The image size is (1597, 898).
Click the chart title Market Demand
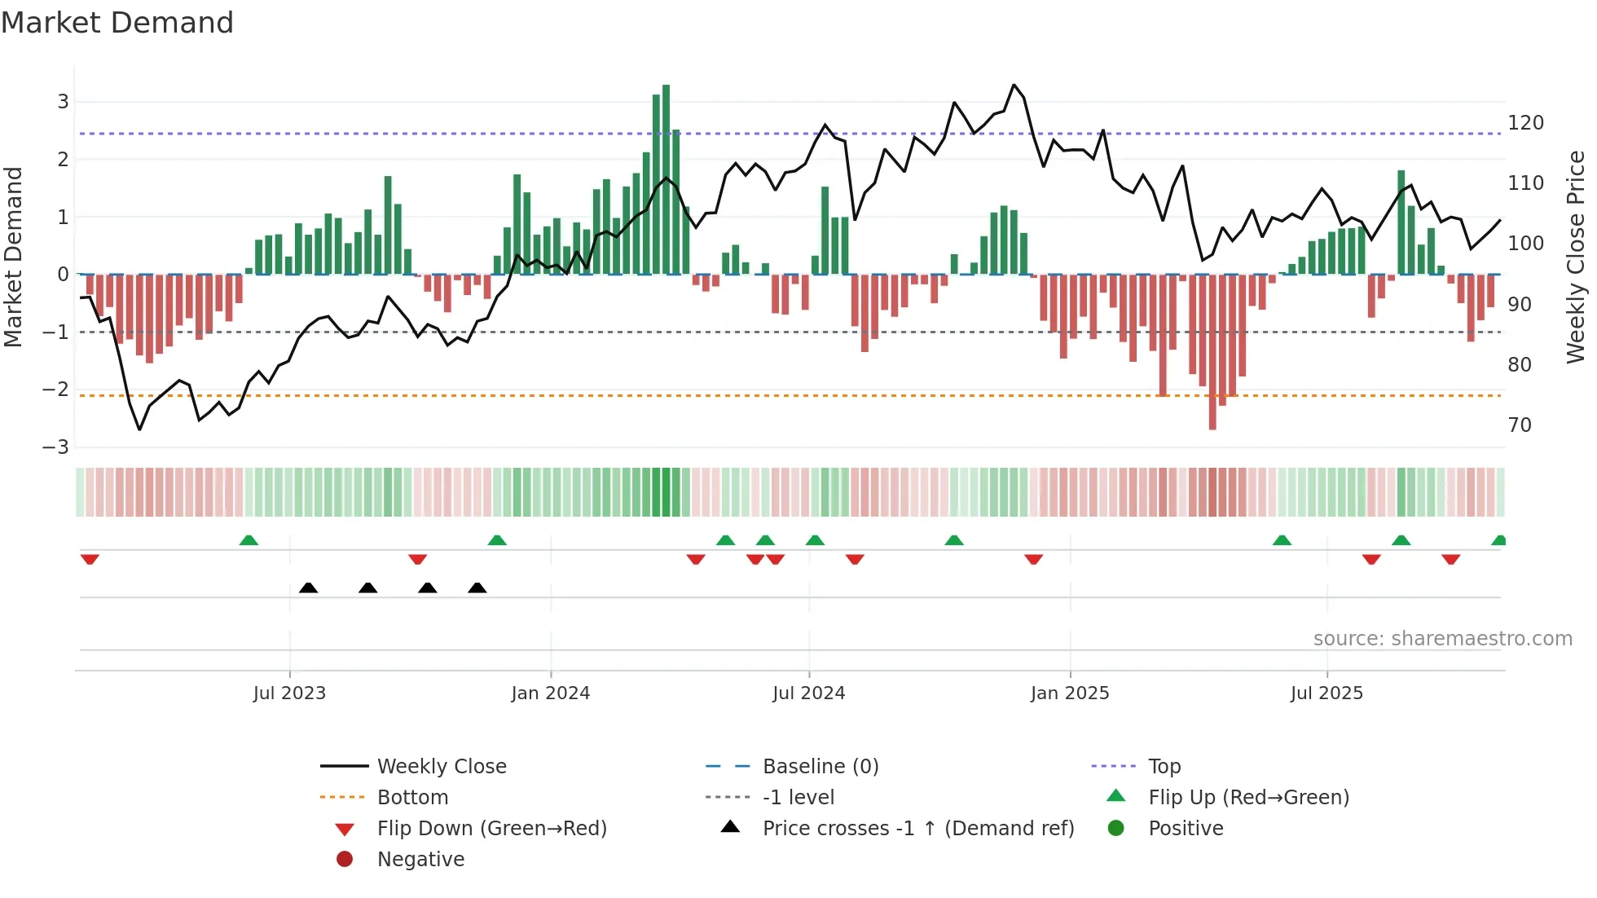pos(117,23)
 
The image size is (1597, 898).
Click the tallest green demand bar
pos(666,179)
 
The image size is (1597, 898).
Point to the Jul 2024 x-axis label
pos(808,693)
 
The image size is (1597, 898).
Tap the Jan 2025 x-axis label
pos(1069,693)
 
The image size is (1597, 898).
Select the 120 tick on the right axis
pos(1525,123)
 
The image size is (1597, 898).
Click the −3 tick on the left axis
pos(56,447)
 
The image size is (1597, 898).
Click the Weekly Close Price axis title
pos(1576,257)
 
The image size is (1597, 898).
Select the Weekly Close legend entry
pos(441,767)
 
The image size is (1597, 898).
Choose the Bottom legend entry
pos(412,798)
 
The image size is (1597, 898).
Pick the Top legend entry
pos(1164,767)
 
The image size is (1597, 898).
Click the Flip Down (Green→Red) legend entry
pos(491,829)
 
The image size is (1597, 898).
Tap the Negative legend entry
pos(420,860)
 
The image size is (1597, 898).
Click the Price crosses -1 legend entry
pos(917,829)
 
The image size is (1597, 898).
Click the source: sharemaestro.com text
pos(1442,639)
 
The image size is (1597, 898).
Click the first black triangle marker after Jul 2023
pos(308,588)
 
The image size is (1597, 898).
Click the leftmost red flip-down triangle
pos(90,559)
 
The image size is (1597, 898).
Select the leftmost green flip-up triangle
pos(249,540)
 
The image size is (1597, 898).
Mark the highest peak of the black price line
pos(1014,85)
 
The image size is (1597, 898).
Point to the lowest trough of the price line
pos(139,429)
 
